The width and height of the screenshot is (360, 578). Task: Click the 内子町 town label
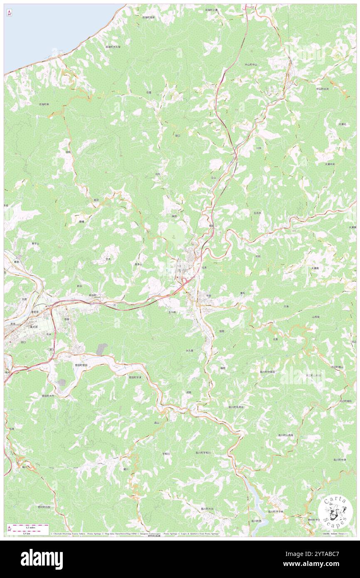182,271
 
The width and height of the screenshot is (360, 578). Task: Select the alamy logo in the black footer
42,559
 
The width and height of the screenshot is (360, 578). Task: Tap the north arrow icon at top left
9,13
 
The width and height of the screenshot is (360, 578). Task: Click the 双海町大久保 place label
113,47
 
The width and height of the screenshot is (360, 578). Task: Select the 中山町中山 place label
251,64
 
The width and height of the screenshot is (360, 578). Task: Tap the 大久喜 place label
190,351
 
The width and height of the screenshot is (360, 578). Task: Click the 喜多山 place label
138,264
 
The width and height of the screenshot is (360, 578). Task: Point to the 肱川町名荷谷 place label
236,407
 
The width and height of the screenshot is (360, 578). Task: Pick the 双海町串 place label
44,104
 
